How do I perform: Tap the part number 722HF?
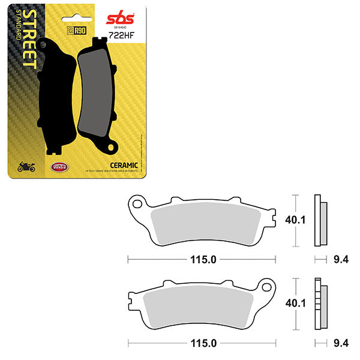click(x=119, y=36)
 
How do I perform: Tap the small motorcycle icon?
click(x=27, y=167)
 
